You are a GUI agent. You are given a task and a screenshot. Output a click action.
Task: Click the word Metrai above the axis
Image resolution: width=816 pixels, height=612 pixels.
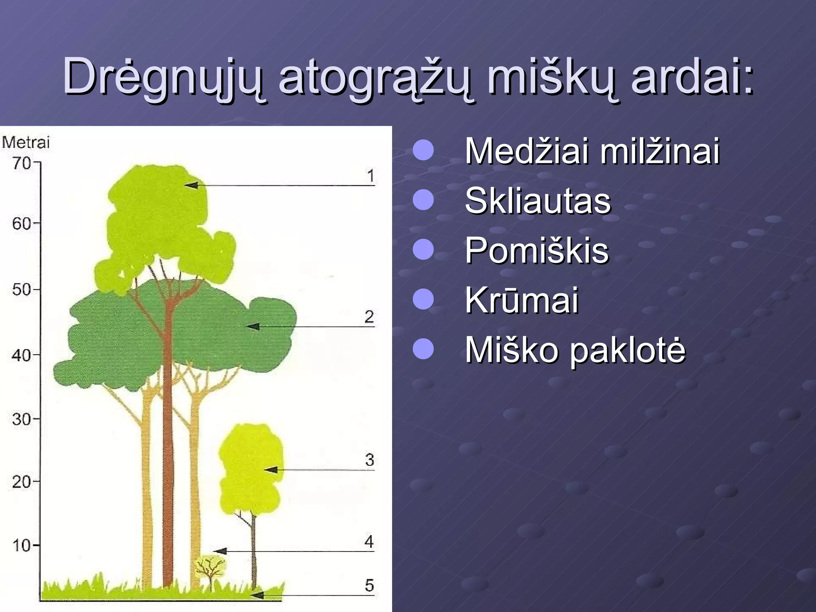26,142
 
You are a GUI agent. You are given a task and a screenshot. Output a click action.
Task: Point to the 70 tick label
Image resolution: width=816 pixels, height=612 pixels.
22,163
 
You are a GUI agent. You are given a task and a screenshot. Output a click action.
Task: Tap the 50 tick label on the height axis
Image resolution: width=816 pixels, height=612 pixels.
22,290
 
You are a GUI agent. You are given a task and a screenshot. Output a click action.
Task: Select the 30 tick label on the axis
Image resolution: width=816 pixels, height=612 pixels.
22,419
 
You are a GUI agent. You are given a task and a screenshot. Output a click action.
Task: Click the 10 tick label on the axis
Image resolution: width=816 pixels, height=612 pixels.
22,545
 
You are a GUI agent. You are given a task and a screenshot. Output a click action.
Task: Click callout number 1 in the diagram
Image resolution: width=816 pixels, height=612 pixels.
371,176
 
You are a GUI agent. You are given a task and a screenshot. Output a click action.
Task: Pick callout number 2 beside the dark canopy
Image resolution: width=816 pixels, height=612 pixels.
369,317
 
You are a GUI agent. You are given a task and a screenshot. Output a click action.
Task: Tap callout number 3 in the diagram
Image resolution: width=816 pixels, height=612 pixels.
369,460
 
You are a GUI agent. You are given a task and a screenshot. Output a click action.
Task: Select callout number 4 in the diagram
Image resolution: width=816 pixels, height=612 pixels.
369,541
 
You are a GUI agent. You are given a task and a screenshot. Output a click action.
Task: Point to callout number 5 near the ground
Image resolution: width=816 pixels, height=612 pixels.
369,585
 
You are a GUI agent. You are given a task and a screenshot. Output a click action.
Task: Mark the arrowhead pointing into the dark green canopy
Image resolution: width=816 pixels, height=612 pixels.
253,327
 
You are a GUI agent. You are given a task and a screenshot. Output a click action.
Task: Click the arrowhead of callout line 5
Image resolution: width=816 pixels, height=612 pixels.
257,595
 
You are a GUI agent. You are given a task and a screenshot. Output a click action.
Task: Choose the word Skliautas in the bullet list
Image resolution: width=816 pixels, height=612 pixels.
537,201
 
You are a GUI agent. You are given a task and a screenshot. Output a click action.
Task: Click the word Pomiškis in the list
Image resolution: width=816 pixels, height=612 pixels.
537,251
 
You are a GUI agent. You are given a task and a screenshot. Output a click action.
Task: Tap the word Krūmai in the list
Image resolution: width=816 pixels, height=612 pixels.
522,300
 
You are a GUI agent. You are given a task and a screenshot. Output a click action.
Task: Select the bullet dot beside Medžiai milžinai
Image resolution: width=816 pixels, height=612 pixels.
423,150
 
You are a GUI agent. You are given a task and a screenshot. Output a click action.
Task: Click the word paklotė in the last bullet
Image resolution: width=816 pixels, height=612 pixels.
627,350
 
